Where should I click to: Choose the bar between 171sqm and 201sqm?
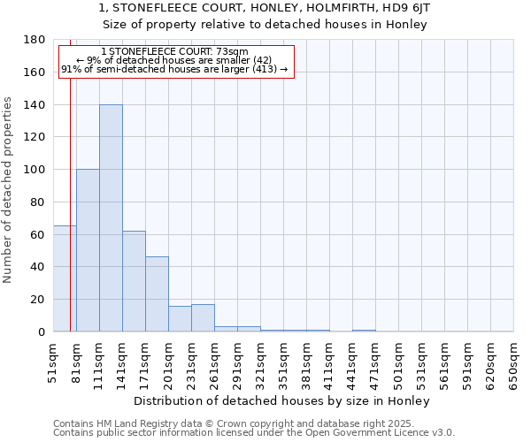157,294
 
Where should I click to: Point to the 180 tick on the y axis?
35,40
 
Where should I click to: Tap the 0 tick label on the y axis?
42,331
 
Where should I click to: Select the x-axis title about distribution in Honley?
283,401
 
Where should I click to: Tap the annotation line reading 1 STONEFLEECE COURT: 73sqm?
174,51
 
